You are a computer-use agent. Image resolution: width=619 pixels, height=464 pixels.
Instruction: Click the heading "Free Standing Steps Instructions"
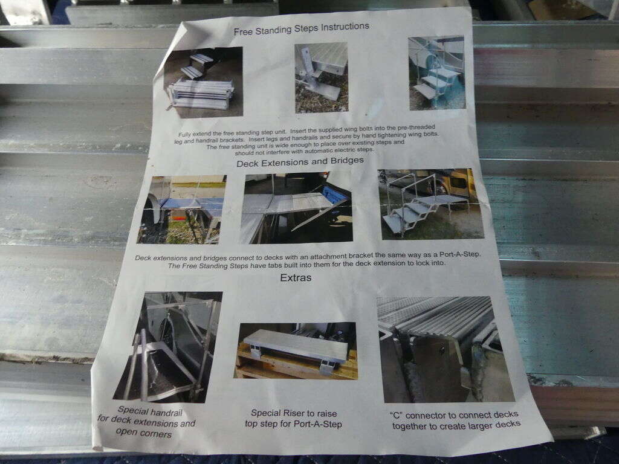(x=301, y=29)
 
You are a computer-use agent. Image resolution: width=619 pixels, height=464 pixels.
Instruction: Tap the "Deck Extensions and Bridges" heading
(x=300, y=162)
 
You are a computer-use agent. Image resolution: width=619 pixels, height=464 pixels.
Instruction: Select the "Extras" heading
(x=296, y=278)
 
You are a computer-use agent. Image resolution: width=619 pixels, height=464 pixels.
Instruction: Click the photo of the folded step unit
(x=203, y=82)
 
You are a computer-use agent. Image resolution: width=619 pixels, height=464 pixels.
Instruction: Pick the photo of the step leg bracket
(x=322, y=77)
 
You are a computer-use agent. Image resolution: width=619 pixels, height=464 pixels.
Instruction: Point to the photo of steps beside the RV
(x=436, y=73)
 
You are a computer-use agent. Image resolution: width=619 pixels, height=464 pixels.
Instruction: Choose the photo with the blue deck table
(x=182, y=210)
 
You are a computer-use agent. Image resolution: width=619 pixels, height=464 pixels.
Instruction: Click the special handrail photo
(x=168, y=347)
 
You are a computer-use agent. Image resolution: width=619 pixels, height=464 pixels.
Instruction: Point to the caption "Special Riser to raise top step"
(x=294, y=418)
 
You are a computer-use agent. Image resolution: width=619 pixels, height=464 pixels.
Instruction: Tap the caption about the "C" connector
(x=455, y=420)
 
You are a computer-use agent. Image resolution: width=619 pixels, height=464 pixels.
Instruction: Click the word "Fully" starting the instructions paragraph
(x=185, y=134)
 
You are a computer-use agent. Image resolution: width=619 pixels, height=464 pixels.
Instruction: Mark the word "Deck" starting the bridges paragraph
(x=143, y=259)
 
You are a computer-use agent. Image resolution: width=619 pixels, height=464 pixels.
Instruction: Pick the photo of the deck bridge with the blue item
(x=296, y=208)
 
